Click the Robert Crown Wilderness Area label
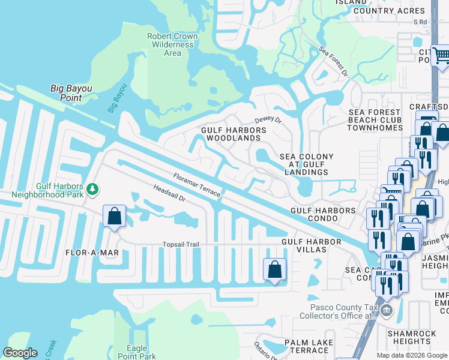172,44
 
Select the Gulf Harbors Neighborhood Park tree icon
92,190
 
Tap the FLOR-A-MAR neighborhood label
92,253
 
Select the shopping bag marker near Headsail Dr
114,217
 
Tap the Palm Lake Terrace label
307,346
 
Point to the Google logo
20,353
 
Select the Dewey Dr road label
268,120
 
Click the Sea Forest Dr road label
333,62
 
